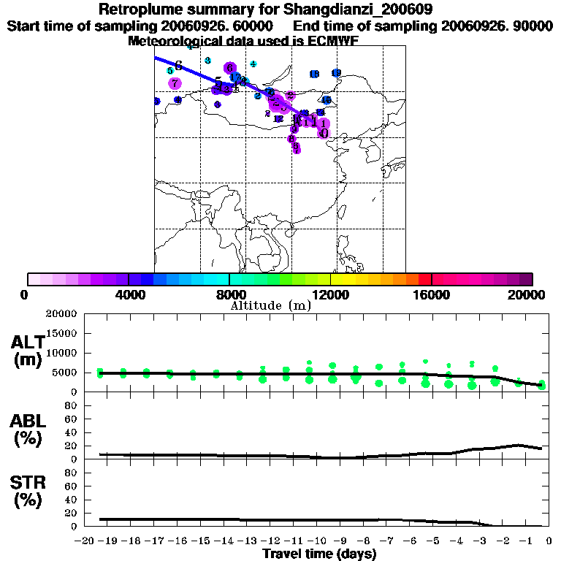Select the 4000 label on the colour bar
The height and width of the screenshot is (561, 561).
click(x=129, y=294)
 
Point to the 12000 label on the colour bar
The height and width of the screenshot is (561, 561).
click(x=331, y=294)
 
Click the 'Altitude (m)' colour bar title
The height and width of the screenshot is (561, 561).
click(x=270, y=305)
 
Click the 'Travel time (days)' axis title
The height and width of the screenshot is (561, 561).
click(x=319, y=554)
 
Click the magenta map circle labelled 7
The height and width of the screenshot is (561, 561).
click(x=175, y=83)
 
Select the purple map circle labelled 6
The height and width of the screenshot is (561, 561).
click(x=229, y=68)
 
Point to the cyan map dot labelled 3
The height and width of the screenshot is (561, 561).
click(x=207, y=60)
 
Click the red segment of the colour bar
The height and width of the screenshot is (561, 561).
click(x=425, y=279)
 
